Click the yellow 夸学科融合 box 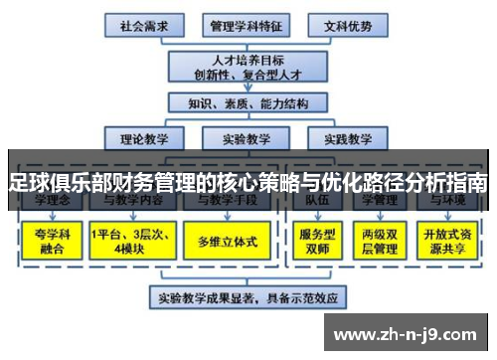(x=50, y=241)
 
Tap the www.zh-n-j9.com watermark (x=408, y=333)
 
